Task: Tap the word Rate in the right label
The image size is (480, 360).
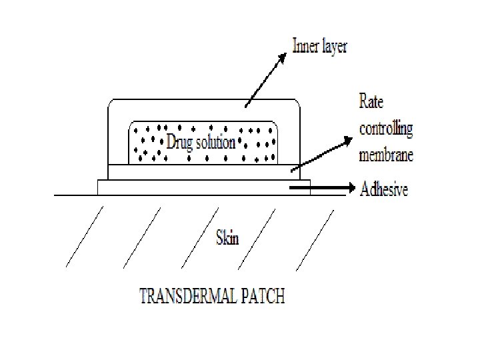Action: [x=371, y=103]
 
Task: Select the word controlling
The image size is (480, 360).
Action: [x=386, y=129]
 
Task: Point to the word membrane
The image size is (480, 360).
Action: [x=386, y=155]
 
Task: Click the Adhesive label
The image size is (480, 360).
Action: [x=383, y=190]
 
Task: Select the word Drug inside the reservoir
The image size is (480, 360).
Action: [x=179, y=143]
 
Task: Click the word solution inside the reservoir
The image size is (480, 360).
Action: [x=214, y=143]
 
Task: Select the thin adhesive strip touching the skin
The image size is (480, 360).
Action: [x=200, y=187]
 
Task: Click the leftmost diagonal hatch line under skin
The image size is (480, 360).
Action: [x=85, y=237]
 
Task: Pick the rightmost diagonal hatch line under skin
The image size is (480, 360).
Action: [x=314, y=237]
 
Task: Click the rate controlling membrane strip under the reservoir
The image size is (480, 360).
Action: [x=200, y=172]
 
